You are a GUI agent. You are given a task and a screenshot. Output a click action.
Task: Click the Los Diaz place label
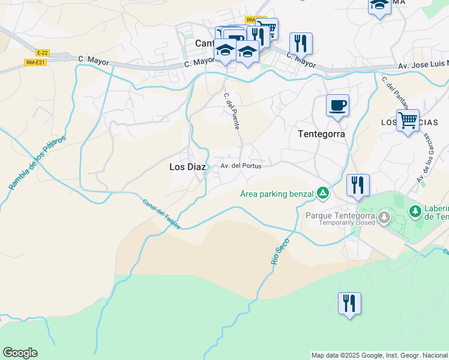click(x=187, y=167)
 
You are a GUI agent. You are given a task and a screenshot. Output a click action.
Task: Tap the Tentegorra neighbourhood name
click(x=321, y=134)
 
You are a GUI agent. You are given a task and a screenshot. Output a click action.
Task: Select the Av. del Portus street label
click(x=241, y=166)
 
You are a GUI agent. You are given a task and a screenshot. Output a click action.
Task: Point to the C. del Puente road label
click(x=232, y=111)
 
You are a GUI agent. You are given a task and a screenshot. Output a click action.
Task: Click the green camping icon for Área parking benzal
click(x=323, y=193)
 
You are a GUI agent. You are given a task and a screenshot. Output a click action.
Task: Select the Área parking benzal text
click(x=277, y=193)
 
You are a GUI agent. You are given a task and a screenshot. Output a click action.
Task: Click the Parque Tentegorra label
click(x=340, y=215)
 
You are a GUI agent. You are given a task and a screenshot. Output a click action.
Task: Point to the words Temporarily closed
click(x=340, y=223)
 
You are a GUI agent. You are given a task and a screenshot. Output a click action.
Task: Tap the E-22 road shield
click(x=42, y=52)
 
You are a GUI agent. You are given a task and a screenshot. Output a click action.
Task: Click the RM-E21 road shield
click(x=35, y=62)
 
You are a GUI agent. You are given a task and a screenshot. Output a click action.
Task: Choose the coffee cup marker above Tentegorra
click(x=337, y=106)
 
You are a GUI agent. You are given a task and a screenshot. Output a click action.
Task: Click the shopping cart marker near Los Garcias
click(x=408, y=121)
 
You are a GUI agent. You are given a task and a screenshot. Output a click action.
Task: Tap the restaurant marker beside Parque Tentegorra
click(x=358, y=185)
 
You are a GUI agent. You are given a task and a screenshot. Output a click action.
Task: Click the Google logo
click(x=20, y=353)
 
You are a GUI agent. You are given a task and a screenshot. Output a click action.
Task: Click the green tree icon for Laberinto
click(x=415, y=211)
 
